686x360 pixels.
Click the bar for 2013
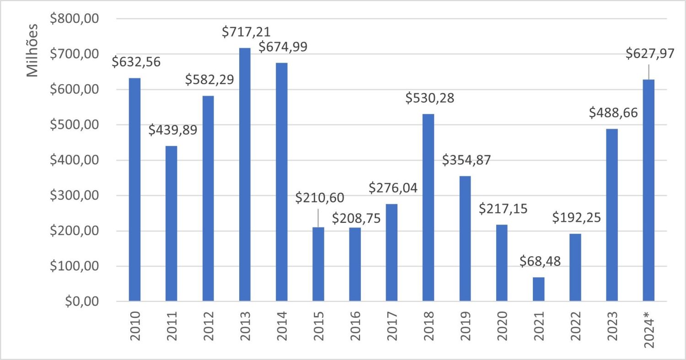tap(245, 175)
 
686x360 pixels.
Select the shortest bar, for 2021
tap(538, 289)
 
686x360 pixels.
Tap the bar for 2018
tap(428, 208)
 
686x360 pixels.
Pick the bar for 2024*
tap(648, 190)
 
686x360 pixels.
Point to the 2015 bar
tap(318, 264)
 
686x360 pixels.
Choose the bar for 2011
tap(171, 224)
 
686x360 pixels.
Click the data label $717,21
tap(246, 32)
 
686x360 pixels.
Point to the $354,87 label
tap(466, 161)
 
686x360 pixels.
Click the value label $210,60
tap(320, 198)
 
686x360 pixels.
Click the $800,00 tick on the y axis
tap(80, 19)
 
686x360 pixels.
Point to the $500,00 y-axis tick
tap(80, 125)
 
